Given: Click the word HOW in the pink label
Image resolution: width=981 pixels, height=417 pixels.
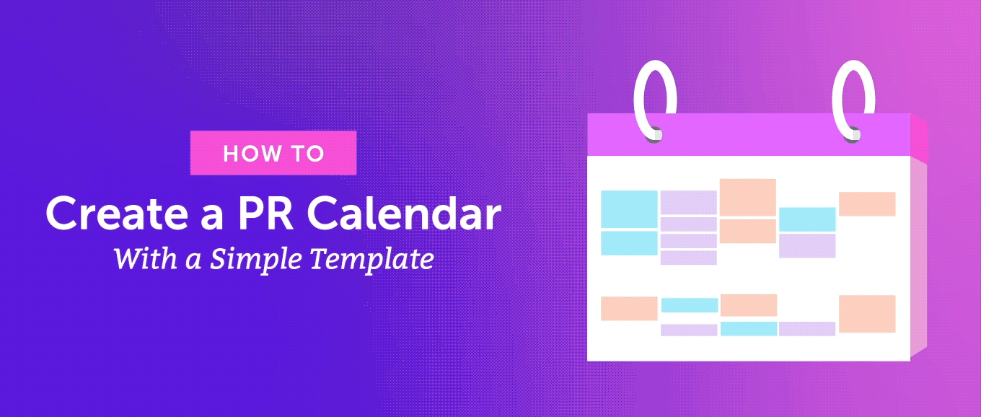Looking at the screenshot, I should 248,154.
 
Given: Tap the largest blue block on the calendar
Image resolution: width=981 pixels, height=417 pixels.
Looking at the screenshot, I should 629,208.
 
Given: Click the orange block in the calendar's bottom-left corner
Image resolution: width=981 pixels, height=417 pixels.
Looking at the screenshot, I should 629,308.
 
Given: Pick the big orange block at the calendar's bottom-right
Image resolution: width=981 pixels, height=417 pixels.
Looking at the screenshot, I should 867,313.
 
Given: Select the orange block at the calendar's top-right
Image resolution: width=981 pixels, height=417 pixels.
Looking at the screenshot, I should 867,203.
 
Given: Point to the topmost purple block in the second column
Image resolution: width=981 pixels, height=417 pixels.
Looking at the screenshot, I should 688,202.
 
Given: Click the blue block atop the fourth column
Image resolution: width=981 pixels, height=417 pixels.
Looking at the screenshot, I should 807,219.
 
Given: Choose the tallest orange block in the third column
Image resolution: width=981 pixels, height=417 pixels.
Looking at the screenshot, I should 748,197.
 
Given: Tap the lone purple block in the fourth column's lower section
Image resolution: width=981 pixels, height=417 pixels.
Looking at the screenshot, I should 807,328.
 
